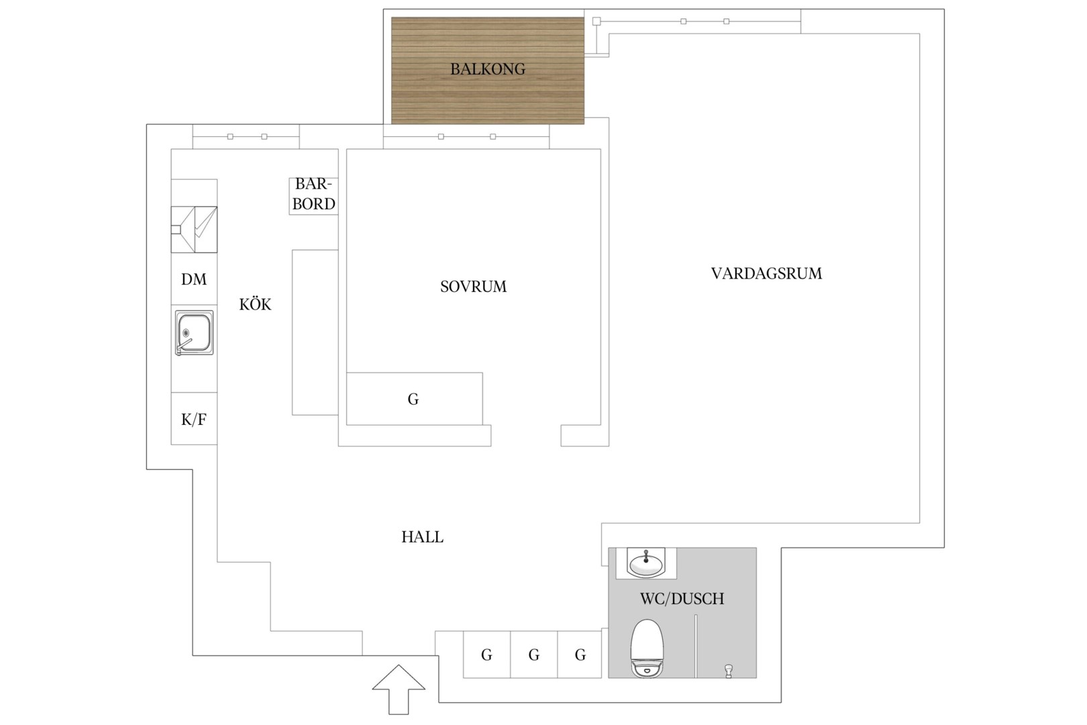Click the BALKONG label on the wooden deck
[488, 69]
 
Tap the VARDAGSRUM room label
[767, 273]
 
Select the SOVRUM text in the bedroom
[473, 287]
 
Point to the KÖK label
[255, 304]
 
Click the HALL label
[422, 536]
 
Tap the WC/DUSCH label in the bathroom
[682, 599]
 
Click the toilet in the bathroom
[647, 648]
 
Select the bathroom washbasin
[646, 563]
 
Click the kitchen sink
[194, 333]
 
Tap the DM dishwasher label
[194, 279]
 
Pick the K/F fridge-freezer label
[194, 419]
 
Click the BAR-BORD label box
[313, 196]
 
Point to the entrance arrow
[399, 689]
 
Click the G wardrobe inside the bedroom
[415, 399]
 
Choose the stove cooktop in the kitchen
[194, 229]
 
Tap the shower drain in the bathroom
[728, 671]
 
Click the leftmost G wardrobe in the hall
[486, 655]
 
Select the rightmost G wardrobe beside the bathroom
[580, 655]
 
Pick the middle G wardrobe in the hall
[534, 655]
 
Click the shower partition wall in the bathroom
[696, 646]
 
